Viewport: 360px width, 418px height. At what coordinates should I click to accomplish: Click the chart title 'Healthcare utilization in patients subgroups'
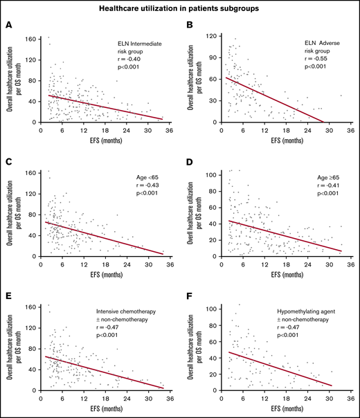point(180,8)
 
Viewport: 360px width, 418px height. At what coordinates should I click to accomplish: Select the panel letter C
point(8,161)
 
